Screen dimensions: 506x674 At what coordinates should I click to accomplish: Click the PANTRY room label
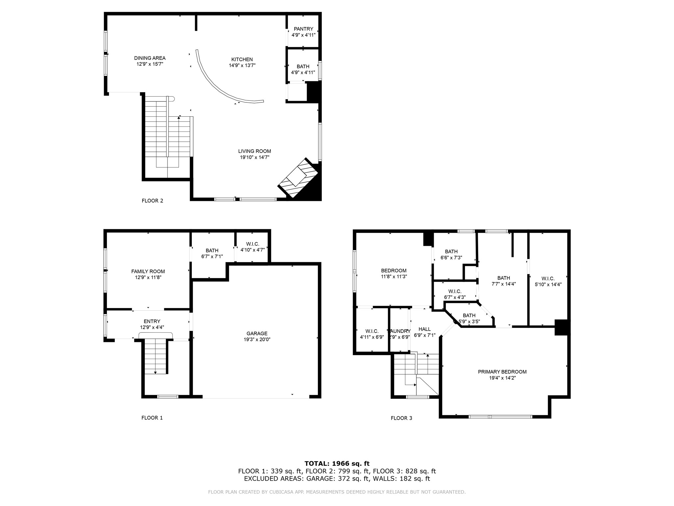point(303,29)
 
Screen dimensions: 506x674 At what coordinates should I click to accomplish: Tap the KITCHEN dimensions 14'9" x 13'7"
point(242,66)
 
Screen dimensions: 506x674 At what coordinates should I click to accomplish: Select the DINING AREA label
point(150,58)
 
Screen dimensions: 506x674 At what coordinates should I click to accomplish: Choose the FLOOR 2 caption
point(152,201)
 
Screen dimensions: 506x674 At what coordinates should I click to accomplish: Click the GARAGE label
point(257,333)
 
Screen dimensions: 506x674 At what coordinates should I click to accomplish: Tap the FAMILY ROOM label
point(148,271)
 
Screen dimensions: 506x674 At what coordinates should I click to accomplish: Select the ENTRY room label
point(152,321)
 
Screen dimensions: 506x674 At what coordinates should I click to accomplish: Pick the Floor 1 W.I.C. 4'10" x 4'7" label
point(252,247)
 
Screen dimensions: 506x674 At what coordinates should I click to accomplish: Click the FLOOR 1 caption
point(152,418)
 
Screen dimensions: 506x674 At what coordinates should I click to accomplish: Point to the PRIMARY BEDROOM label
point(502,372)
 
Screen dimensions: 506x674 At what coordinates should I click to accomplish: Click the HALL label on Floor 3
point(425,329)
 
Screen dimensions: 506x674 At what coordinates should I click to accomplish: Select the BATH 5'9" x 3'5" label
point(469,318)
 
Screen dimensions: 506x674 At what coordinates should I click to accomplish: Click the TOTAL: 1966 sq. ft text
point(337,464)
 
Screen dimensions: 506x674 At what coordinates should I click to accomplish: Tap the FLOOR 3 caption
point(401,418)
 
